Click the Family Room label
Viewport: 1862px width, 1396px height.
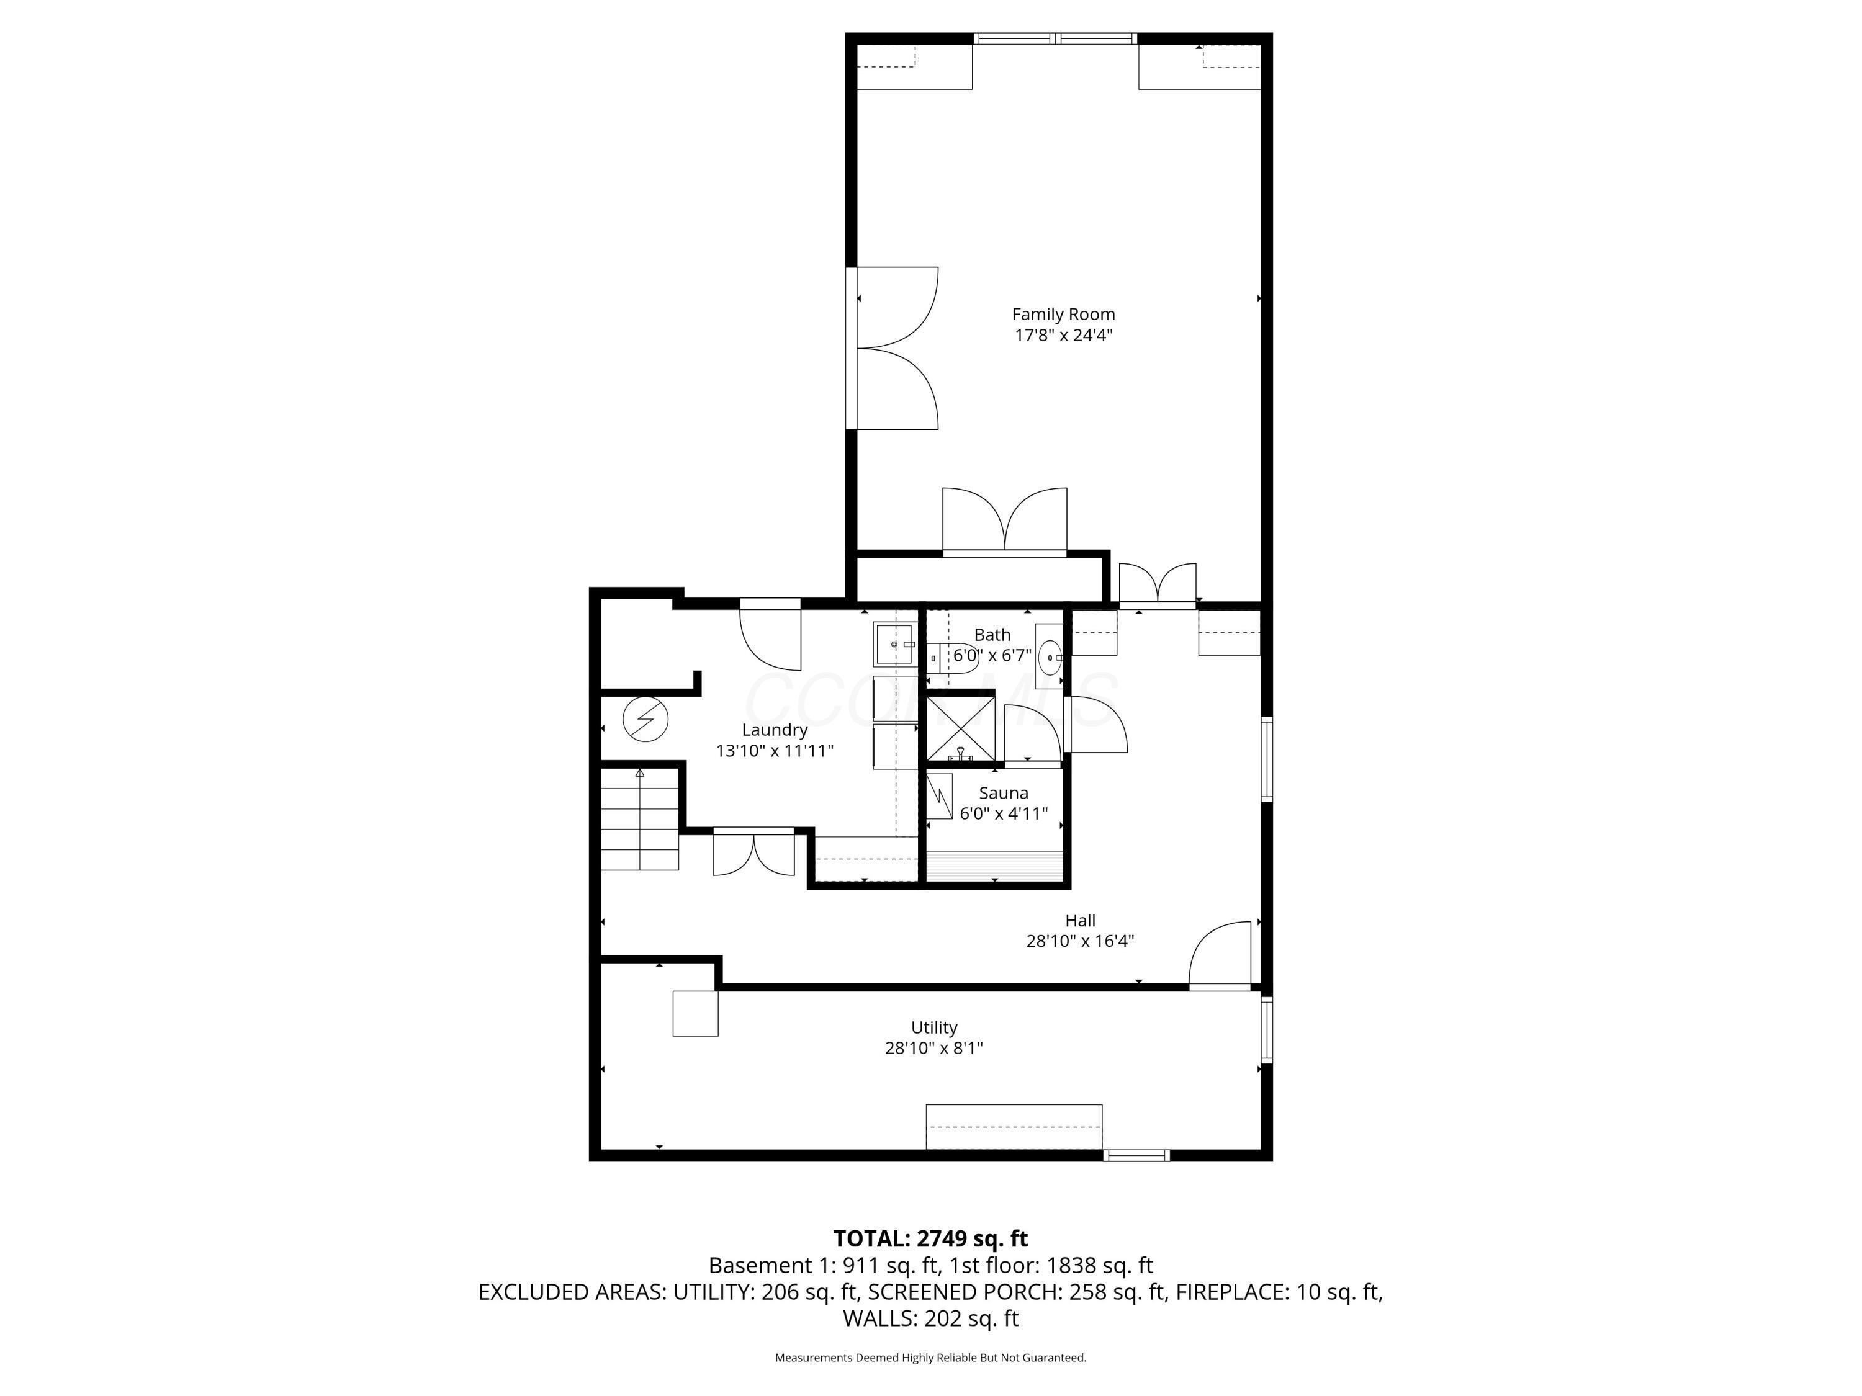pos(1063,314)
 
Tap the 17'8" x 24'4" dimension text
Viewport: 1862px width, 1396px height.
pos(1063,335)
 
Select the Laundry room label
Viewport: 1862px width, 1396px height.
pos(775,730)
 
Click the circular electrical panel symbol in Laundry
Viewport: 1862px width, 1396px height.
pos(645,720)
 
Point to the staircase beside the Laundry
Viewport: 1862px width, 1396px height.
pos(640,820)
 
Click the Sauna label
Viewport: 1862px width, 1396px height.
pos(1004,793)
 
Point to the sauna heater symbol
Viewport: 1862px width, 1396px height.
pos(940,796)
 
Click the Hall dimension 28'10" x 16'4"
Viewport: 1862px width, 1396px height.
pos(1080,941)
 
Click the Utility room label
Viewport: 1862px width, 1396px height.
pos(933,1027)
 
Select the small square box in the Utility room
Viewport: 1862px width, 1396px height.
pos(695,1013)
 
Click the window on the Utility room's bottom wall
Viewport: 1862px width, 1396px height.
pos(1136,1155)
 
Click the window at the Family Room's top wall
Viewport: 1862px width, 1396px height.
pos(1056,38)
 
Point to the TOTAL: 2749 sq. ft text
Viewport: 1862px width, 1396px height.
pos(930,1238)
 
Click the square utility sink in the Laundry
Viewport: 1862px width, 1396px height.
pos(893,644)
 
